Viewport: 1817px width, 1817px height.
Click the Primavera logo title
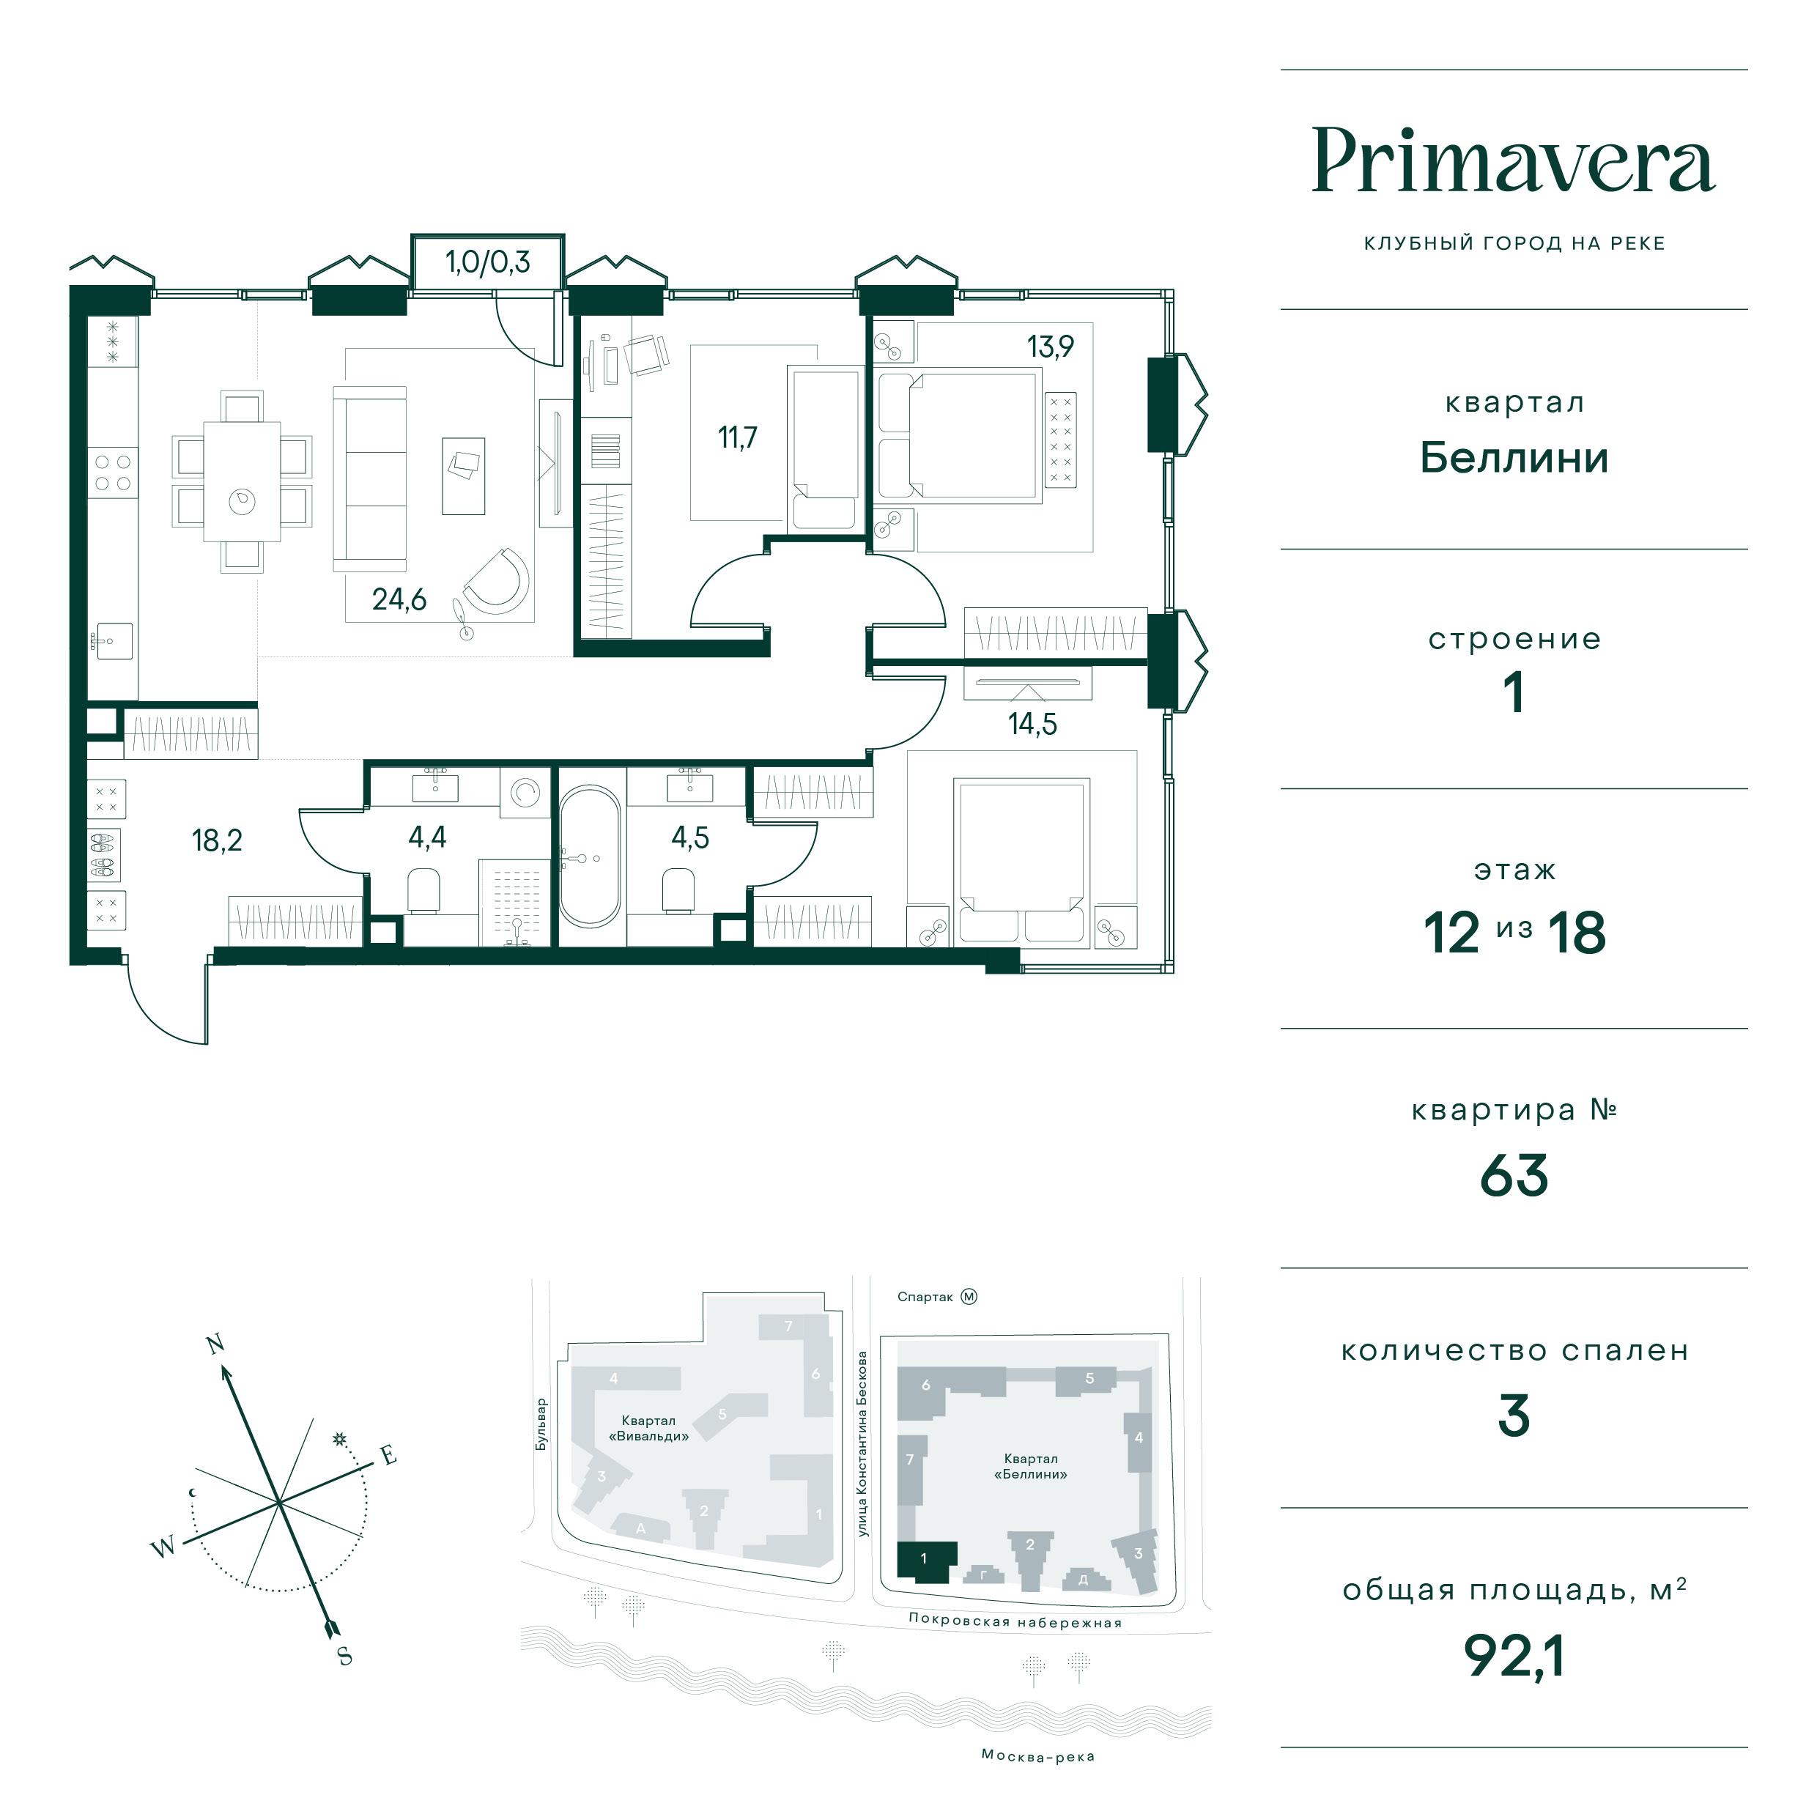1513,161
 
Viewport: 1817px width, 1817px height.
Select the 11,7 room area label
737,437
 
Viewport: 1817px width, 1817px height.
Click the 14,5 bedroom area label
1032,723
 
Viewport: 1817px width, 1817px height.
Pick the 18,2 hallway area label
218,840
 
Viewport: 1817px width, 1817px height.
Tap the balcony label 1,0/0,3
487,262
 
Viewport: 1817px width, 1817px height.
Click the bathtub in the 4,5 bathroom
591,856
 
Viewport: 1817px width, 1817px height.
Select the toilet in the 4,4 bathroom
424,889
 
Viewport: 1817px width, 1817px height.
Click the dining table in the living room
243,481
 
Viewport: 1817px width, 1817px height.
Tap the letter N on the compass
215,1344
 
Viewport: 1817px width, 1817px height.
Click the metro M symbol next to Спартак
969,1297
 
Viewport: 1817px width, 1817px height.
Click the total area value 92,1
1513,1656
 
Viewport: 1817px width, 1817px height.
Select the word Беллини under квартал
1513,458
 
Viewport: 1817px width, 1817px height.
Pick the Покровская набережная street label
1015,1621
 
